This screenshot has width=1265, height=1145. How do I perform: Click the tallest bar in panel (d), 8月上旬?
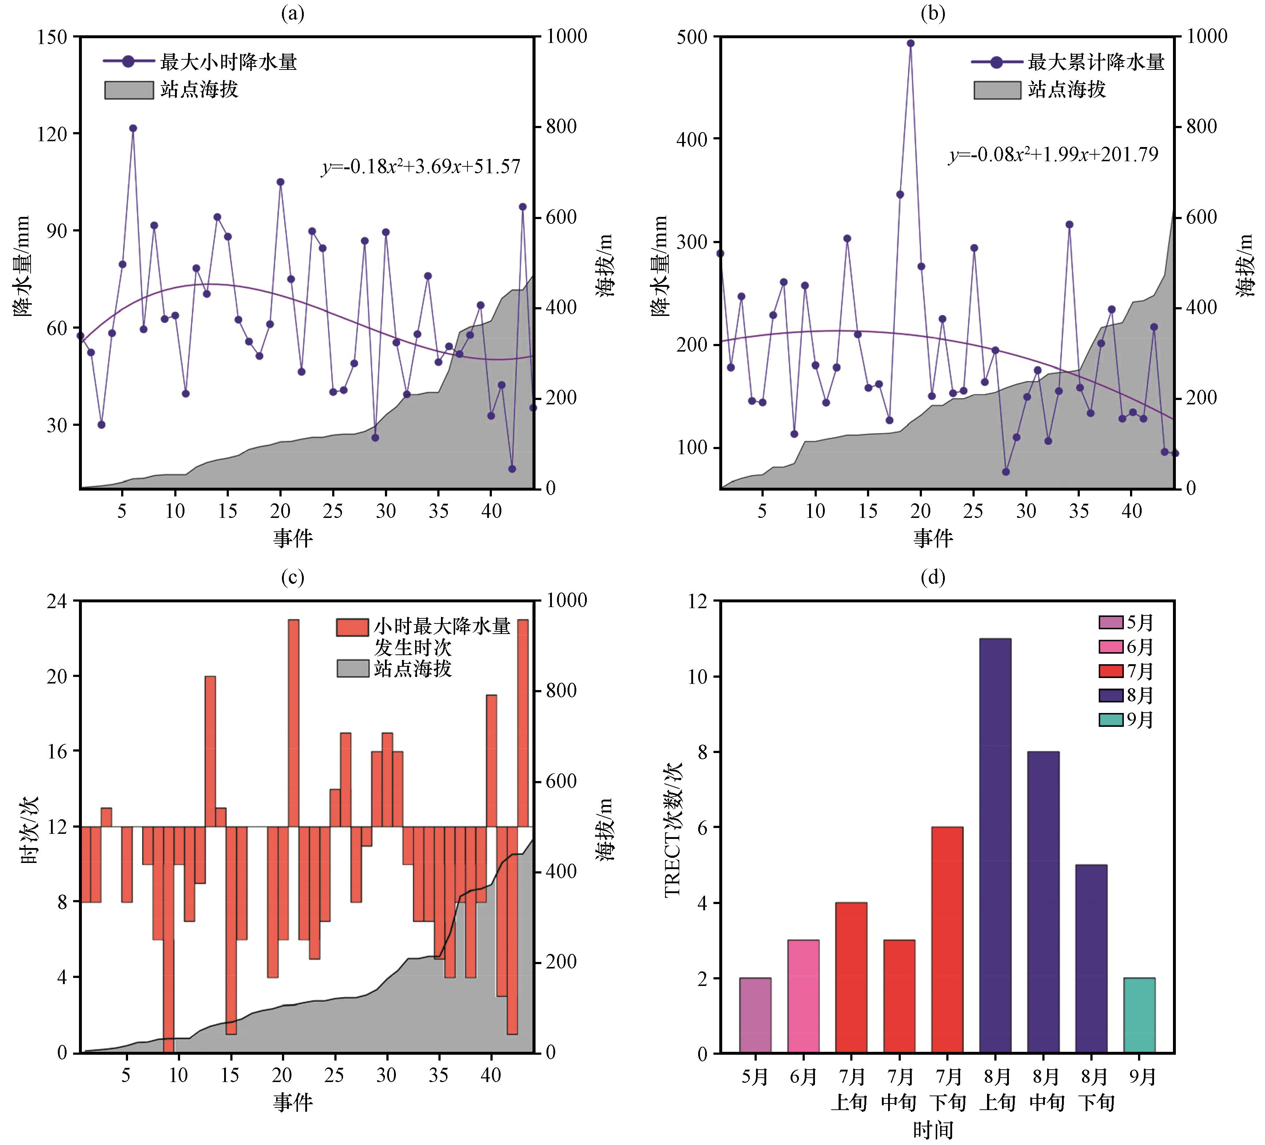tap(995, 845)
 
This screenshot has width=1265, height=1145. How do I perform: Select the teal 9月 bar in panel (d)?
tap(1139, 1015)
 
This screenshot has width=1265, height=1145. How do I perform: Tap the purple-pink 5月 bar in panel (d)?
tap(755, 1015)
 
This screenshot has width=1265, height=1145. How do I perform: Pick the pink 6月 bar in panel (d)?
tap(803, 996)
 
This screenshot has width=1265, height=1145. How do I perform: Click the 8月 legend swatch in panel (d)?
tap(1111, 695)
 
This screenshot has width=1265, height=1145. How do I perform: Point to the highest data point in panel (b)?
tap(911, 43)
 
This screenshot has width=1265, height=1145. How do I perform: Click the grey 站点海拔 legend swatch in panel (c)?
tap(353, 668)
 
